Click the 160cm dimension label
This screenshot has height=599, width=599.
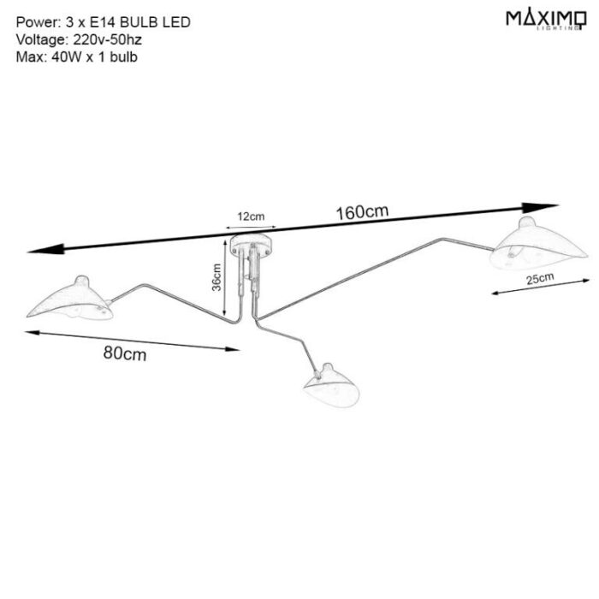tap(362, 212)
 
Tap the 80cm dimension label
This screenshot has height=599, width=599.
tap(125, 353)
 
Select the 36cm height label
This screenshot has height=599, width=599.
tap(216, 277)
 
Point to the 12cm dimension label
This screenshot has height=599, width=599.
tap(251, 216)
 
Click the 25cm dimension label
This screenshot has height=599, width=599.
tap(540, 278)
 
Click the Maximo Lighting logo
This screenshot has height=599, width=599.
tap(546, 20)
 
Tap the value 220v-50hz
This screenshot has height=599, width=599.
tap(107, 39)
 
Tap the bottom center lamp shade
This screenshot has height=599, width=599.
tap(332, 386)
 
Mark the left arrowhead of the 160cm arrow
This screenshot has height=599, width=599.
tap(46, 249)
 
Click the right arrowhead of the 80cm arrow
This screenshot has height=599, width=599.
tap(232, 349)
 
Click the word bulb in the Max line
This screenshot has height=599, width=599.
tap(123, 57)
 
